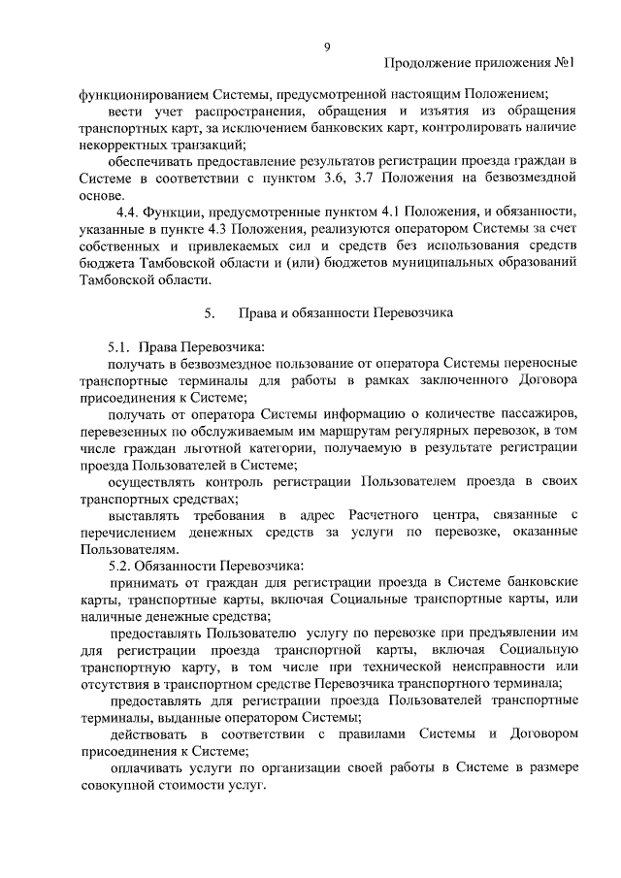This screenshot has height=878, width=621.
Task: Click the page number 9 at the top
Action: [x=327, y=47]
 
